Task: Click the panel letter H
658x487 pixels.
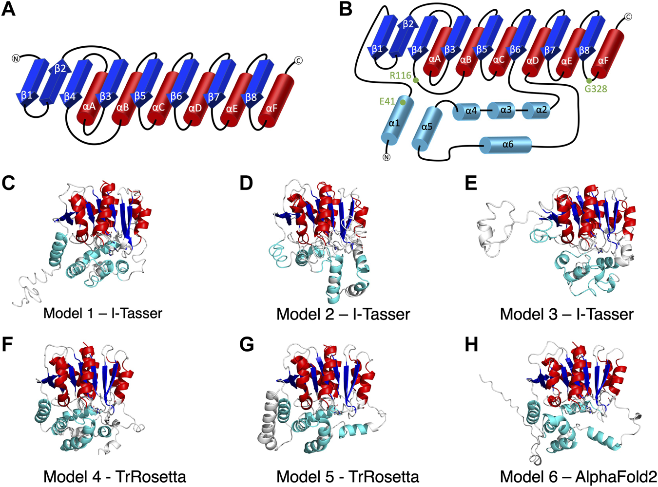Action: coord(471,345)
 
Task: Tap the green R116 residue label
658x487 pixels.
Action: coord(400,75)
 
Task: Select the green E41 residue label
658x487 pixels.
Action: coord(387,101)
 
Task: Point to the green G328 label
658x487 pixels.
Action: coord(596,89)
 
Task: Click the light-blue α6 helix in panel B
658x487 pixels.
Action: coord(505,145)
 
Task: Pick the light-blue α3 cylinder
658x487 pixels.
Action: coord(505,110)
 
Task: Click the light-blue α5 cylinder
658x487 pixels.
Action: coord(427,128)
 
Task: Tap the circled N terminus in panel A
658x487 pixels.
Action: coord(16,59)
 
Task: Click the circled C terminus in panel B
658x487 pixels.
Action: coord(628,17)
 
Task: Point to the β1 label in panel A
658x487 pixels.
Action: coord(27,95)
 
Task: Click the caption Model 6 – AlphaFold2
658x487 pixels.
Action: coord(578,476)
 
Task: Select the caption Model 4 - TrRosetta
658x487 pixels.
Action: coord(115,476)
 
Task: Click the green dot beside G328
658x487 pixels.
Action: coord(589,81)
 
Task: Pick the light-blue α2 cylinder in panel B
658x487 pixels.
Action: coord(537,110)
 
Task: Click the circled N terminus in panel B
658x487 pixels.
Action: coord(387,157)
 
